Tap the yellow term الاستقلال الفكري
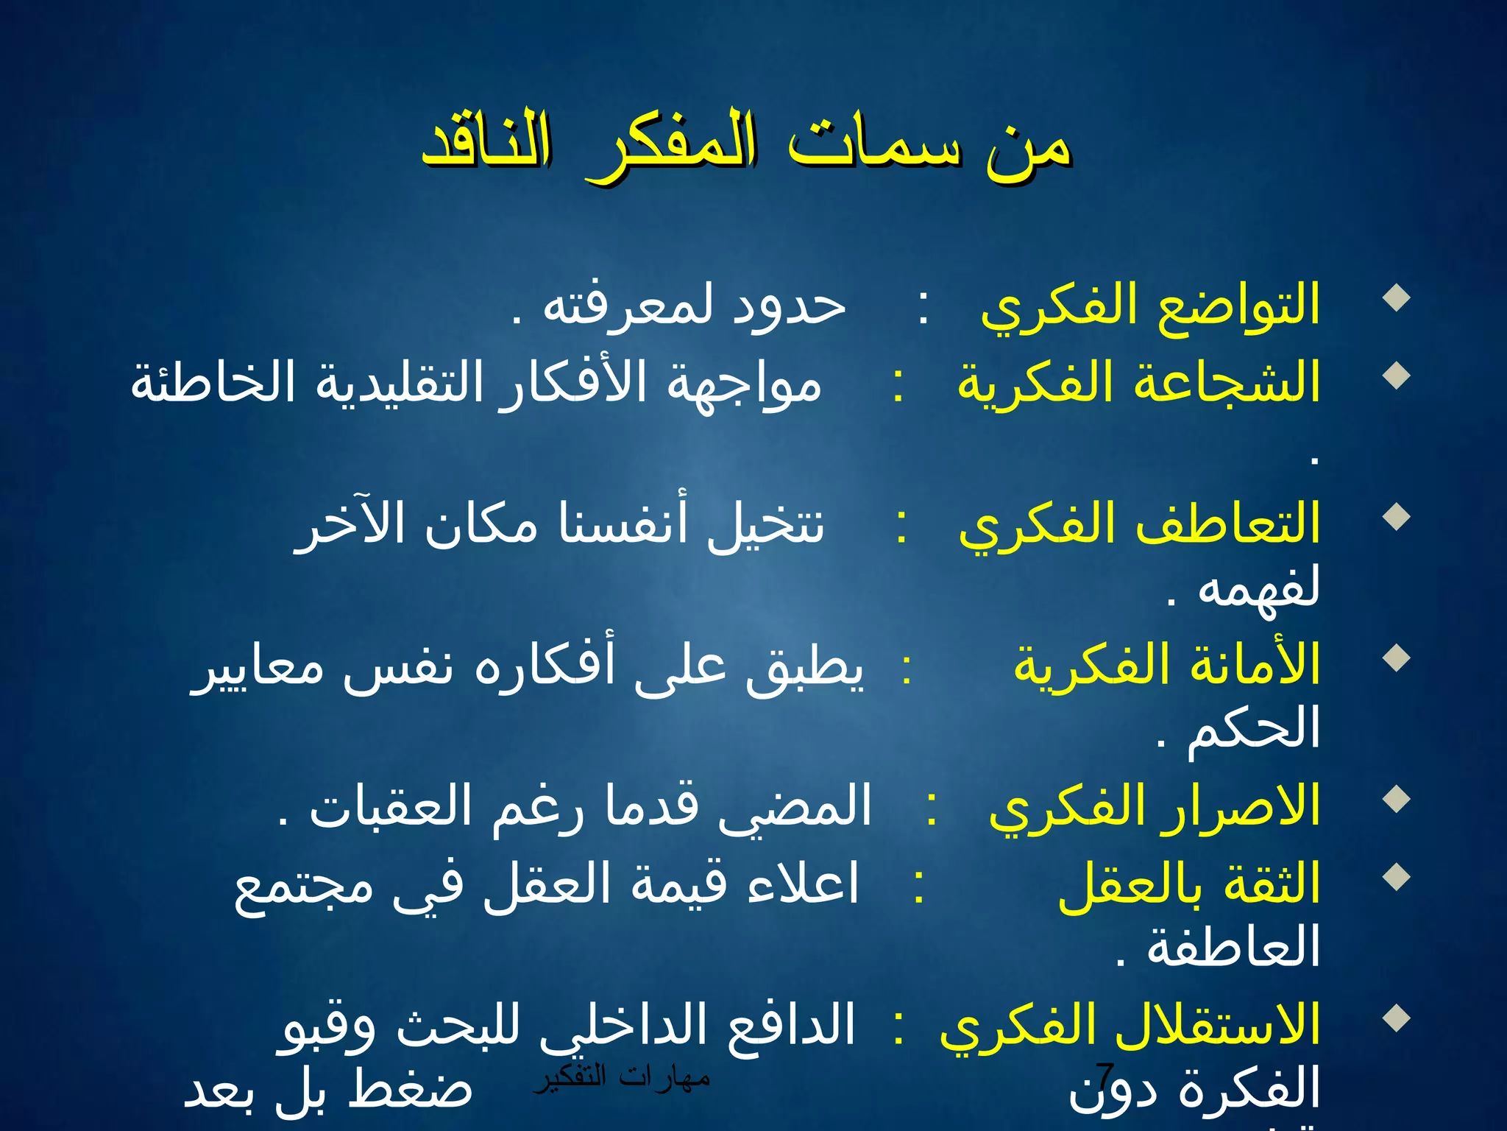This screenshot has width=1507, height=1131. tap(1130, 1025)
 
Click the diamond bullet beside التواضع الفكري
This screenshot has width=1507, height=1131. tap(1396, 299)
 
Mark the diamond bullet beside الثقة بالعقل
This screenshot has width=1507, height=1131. tap(1396, 876)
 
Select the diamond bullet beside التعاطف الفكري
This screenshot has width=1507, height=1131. tap(1396, 517)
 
